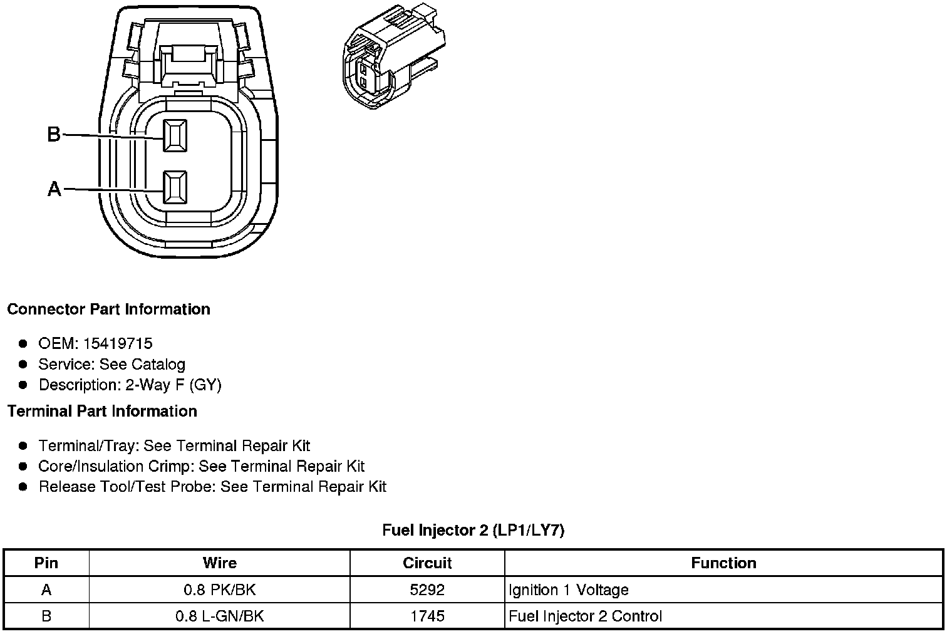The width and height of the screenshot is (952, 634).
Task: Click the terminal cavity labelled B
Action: coord(175,135)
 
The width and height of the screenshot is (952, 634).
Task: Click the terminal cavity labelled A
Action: coord(175,187)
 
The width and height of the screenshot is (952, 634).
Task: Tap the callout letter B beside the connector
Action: coord(54,134)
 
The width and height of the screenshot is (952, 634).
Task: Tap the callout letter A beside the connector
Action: coord(54,189)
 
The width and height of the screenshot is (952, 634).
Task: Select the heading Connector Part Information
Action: coord(108,309)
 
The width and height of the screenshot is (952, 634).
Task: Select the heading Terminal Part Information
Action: coord(102,412)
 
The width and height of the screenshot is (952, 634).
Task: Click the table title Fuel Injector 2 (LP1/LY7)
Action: coord(473,531)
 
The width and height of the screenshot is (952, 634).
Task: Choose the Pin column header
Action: coord(46,563)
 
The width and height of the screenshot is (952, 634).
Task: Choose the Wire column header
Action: coord(219,563)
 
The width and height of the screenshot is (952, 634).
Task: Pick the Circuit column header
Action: coord(427,563)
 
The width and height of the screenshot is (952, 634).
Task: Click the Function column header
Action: coord(723,563)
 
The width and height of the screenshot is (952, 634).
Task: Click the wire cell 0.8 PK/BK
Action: coord(219,590)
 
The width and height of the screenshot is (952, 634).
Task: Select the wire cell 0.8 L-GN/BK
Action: coord(219,616)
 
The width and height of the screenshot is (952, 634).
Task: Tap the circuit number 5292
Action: coord(427,590)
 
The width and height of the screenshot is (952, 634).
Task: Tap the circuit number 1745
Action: coord(427,616)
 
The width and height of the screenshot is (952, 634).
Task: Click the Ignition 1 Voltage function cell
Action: coord(568,590)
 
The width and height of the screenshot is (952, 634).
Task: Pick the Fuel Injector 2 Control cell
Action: coord(585,616)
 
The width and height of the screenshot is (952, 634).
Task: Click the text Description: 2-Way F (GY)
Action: coord(130,385)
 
